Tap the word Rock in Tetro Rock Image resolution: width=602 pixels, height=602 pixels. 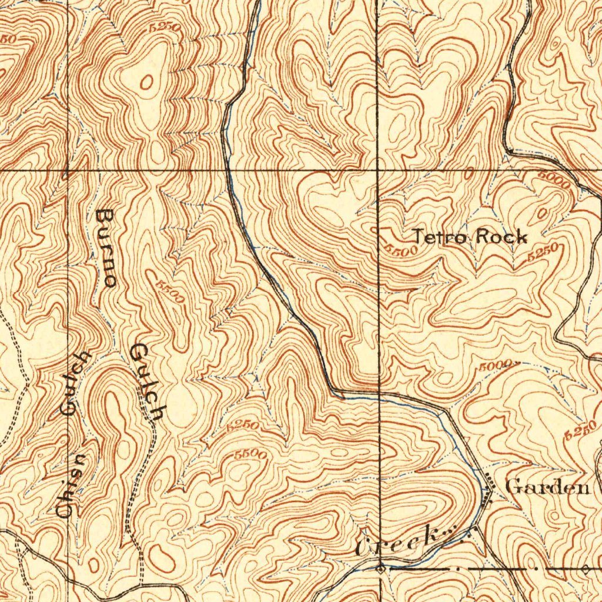(x=501, y=237)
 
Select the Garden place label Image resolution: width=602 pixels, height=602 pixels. (x=547, y=487)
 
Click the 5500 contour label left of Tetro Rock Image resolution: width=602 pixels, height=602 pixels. (x=401, y=249)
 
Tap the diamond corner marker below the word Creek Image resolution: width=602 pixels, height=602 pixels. (x=381, y=568)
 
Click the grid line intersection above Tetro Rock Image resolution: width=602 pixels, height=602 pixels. (x=377, y=170)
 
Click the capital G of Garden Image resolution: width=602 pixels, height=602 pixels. (x=513, y=487)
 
